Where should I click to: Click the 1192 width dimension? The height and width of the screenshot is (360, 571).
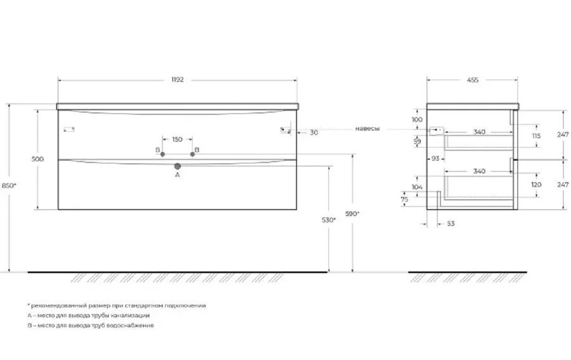coord(178,80)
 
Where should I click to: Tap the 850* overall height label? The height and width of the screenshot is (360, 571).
coord(9,185)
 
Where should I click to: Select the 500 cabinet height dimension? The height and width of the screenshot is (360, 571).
coord(37,159)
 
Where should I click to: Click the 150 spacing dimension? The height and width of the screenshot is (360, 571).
coord(178,139)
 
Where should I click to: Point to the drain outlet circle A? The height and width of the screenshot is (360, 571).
coord(178,166)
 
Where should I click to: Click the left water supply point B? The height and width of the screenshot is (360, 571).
coord(162,154)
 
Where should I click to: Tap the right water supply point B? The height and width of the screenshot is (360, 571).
coord(192,154)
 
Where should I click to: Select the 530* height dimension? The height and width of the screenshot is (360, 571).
coord(329,220)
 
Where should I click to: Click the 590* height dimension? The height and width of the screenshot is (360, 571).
coord(353,214)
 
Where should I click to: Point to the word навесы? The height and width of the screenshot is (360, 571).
coord(367,129)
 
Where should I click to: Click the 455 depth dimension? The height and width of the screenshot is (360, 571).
coord(472,80)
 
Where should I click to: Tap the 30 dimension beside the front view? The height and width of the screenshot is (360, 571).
coord(314,133)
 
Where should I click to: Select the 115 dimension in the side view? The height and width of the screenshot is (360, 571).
coord(536,136)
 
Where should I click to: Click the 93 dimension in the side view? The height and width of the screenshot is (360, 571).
coord(435,159)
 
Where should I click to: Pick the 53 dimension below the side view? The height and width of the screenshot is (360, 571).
coord(451,223)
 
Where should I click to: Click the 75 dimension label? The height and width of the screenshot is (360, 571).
coord(405,199)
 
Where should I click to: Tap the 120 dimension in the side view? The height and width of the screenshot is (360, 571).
coord(536,185)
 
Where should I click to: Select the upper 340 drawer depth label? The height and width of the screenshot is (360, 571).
coord(479,132)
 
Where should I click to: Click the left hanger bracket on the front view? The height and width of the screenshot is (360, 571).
coord(69,129)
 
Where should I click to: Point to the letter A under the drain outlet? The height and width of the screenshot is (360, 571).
coord(178,175)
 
